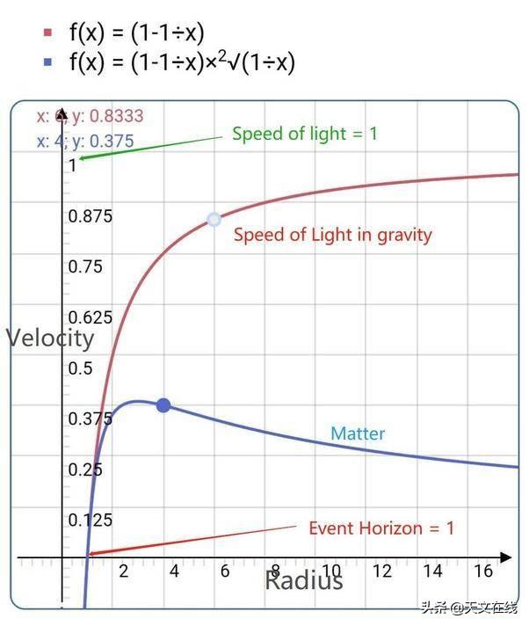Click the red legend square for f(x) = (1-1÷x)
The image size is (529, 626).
(x=48, y=33)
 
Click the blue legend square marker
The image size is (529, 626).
(x=48, y=62)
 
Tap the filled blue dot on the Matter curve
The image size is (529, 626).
(x=163, y=405)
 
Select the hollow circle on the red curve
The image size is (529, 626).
(x=214, y=220)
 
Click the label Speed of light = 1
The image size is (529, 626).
(x=304, y=134)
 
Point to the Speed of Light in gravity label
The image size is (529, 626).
(x=333, y=235)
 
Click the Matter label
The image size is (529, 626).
(x=358, y=433)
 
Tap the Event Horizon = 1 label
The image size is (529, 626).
(x=381, y=528)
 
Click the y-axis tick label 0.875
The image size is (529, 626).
(x=90, y=215)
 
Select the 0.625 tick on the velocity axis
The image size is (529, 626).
(x=90, y=317)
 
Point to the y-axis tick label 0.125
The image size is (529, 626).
(x=90, y=520)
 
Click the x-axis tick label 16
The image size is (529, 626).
(x=482, y=571)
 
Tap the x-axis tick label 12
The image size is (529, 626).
(x=381, y=571)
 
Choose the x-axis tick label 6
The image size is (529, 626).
(x=225, y=571)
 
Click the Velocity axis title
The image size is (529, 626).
(x=50, y=338)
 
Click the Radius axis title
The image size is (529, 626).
(x=303, y=580)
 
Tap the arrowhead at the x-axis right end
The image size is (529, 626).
(x=506, y=557)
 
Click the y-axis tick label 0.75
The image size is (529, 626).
(x=86, y=266)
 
